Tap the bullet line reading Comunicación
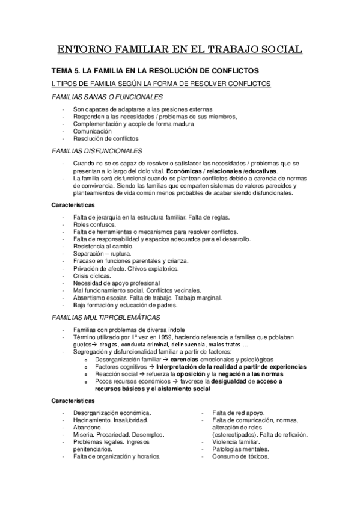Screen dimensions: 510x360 click(x=93, y=131)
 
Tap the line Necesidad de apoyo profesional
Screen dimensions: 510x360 click(x=117, y=283)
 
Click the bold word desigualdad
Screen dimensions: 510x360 click(x=235, y=381)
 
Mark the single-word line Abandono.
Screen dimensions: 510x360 click(x=87, y=428)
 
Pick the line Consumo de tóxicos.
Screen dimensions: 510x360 click(x=240, y=456)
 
